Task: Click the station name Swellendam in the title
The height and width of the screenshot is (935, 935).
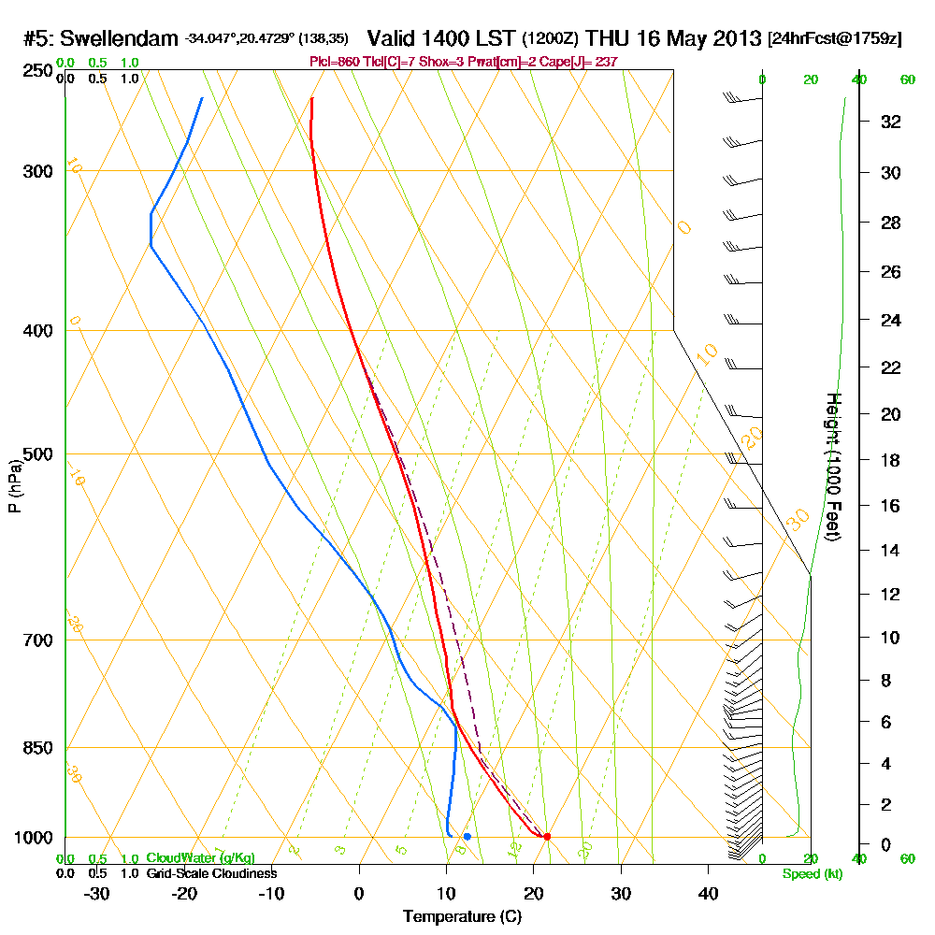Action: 118,39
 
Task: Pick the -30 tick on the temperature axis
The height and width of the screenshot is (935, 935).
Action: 97,893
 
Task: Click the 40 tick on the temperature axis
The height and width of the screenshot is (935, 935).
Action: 708,893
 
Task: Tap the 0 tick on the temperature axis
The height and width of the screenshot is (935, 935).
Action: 359,893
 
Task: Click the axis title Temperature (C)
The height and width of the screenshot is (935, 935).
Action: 462,916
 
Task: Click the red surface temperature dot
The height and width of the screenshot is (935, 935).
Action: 547,837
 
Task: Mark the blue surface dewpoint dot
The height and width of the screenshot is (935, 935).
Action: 467,836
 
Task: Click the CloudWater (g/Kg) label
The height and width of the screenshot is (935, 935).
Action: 200,858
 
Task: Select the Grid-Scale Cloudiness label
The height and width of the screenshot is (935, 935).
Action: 211,873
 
